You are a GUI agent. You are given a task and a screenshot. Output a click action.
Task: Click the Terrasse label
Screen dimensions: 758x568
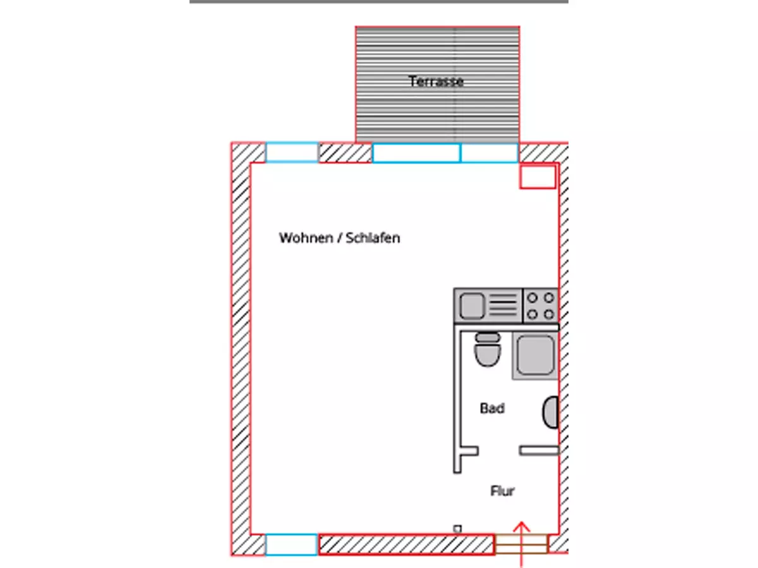[436, 82]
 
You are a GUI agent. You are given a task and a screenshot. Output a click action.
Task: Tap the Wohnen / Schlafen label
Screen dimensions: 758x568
[339, 238]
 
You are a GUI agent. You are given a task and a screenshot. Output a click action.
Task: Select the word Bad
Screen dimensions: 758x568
[492, 408]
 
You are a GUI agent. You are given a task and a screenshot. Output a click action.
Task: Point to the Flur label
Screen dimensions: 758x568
[502, 491]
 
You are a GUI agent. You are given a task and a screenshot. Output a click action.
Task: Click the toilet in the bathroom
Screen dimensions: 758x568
[487, 350]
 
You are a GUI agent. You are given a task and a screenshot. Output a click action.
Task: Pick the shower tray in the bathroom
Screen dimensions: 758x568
[535, 355]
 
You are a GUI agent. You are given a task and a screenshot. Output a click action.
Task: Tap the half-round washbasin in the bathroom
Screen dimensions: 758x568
[551, 413]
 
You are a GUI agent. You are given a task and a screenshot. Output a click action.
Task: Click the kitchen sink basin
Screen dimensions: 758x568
[471, 305]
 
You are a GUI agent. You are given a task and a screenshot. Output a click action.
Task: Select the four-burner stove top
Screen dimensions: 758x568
[541, 306]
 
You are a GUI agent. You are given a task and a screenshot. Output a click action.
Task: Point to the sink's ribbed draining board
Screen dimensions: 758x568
[503, 305]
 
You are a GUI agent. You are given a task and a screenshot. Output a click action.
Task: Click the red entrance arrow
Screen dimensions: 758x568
[522, 544]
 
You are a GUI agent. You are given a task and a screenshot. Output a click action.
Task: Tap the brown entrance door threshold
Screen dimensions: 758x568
[521, 544]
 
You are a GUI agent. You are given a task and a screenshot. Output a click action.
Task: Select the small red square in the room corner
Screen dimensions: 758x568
[538, 177]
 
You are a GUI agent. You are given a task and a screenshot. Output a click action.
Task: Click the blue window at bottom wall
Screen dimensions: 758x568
[291, 545]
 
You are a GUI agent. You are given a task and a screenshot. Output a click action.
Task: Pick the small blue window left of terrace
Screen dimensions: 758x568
[292, 153]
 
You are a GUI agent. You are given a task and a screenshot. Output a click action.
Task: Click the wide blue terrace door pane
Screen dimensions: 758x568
[416, 153]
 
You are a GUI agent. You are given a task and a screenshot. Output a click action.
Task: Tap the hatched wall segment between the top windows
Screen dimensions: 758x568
[345, 153]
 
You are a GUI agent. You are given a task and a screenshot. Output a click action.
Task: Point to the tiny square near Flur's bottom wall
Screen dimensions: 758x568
[457, 529]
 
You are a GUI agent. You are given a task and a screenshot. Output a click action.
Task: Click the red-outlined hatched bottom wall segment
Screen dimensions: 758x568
[406, 545]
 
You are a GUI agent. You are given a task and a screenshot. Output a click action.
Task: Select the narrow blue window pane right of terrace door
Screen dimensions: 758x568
[490, 153]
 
